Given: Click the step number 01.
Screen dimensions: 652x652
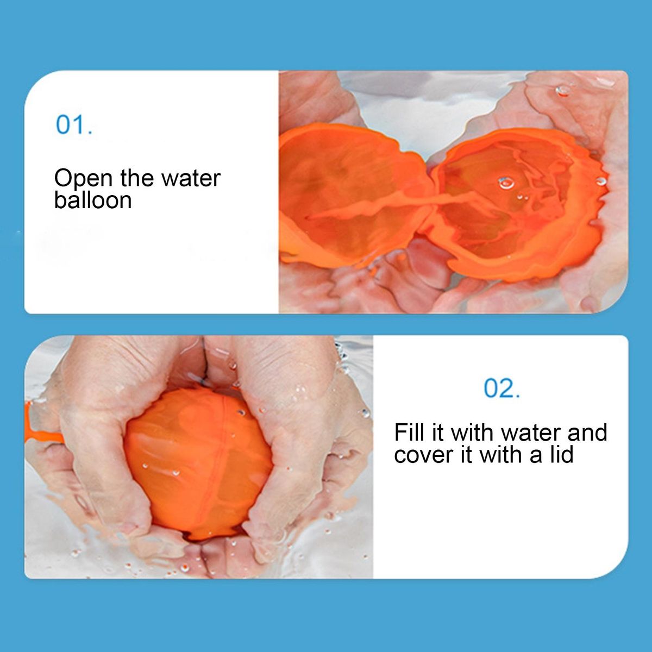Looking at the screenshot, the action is coord(74,125).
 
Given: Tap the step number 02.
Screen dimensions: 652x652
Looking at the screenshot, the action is coord(502,388).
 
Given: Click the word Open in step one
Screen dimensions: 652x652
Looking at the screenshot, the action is coord(83,179).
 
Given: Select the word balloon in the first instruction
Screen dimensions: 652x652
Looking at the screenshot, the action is coord(93,200).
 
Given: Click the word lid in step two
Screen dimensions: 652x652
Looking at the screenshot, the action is coord(560,454).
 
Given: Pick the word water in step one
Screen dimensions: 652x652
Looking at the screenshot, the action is coord(191,178).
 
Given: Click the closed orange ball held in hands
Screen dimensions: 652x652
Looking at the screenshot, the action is coord(199,464).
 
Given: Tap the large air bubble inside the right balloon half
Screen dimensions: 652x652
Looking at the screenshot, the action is coord(506,183).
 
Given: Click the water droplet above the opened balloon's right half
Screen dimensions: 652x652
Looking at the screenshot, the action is coord(563,90).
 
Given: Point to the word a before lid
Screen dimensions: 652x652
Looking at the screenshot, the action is coord(537,456).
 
